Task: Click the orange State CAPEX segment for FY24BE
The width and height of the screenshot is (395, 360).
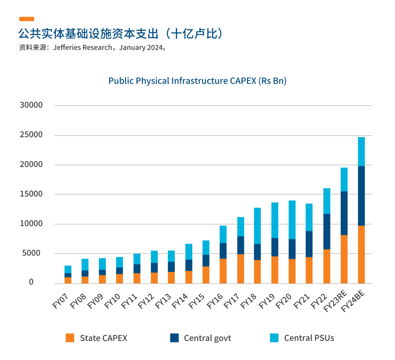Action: point(361,254)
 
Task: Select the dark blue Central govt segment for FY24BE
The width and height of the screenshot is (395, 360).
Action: point(361,196)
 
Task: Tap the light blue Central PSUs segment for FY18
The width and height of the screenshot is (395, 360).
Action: point(257,226)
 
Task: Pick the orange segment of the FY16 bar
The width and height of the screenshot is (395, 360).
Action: point(223,271)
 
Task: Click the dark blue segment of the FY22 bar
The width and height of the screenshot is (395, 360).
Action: point(327,231)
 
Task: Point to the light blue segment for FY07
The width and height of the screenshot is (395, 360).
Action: point(68,269)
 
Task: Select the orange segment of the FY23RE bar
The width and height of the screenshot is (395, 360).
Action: point(344,259)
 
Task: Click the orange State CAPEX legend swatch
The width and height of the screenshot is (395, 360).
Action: point(70,338)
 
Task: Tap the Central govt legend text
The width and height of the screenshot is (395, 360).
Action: point(207,338)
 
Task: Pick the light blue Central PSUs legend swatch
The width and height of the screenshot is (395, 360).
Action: point(274,338)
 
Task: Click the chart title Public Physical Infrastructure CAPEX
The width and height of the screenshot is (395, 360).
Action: point(197,81)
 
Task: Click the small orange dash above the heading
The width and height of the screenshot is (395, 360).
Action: point(26,19)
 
